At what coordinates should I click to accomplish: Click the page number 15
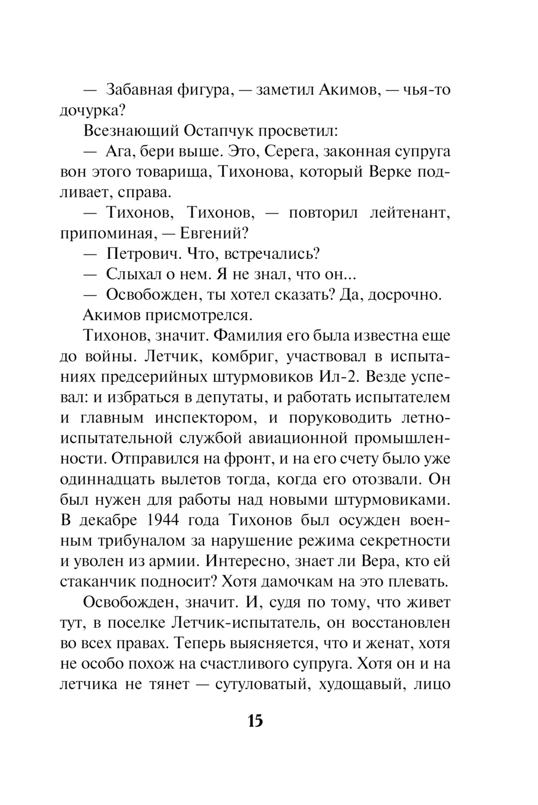[256, 721]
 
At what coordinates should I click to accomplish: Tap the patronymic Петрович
[139, 253]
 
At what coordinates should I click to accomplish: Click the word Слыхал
[132, 274]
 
